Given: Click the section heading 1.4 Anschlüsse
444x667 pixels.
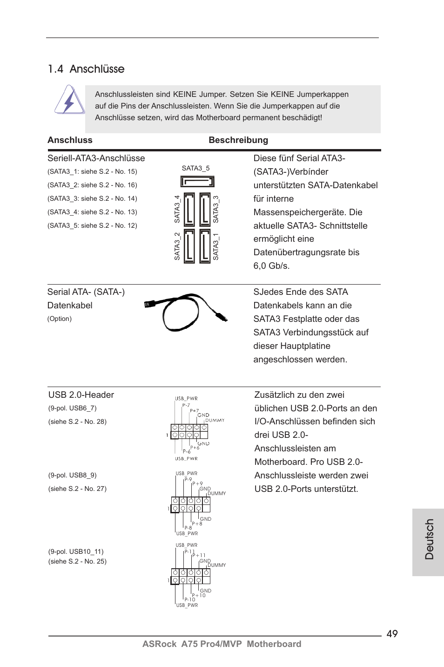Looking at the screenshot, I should coord(86,69).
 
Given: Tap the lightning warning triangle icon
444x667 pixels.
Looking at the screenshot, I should coord(69,100).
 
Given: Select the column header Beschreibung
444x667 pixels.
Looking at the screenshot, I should coord(238,140).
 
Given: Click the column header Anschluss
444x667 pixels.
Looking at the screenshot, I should coord(70,140).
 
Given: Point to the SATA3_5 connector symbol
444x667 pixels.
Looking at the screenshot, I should coord(197,181).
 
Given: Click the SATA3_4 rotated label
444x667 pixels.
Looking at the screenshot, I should coord(177,209).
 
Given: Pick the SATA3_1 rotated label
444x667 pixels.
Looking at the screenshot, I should coord(215,247).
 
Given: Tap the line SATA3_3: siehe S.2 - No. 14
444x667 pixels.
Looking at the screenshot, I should coord(92,198).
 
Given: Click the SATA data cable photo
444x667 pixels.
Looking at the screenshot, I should coord(186,312).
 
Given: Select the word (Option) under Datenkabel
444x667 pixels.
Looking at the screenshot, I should coord(60,319).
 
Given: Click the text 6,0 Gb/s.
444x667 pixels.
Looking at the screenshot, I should coord(271,266).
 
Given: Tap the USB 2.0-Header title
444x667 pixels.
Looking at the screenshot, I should coord(81,395).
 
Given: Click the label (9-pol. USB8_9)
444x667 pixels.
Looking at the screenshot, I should coord(72,475).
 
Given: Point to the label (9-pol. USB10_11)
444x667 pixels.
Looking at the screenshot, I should coord(76,551).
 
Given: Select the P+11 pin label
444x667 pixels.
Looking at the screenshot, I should coord(199,555).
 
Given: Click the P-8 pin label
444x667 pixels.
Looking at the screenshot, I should coord(188,528).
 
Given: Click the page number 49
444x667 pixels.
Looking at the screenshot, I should coord(392,633).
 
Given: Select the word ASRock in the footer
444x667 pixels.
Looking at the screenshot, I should coord(159,644).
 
